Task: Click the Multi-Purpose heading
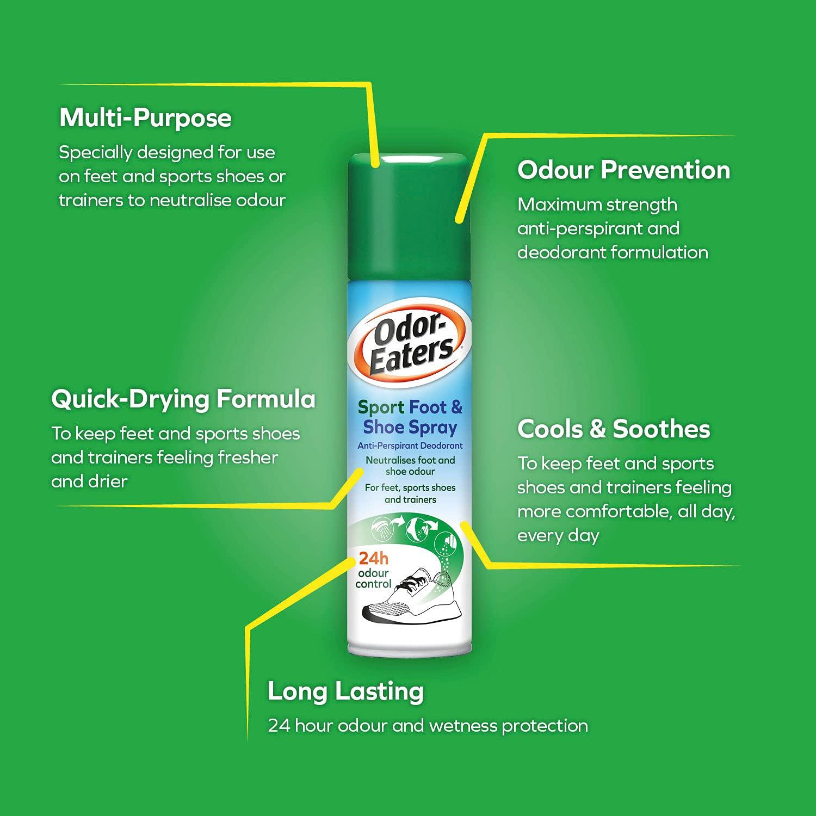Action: point(145,118)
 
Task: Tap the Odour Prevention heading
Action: point(623,170)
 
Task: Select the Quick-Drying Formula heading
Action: point(183,399)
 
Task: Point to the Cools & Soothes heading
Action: point(614,429)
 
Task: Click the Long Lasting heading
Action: point(345,692)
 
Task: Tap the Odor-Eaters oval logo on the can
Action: point(410,349)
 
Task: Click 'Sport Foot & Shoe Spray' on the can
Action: point(410,417)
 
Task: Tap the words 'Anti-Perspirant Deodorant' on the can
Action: point(410,446)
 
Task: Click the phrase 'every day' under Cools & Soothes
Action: point(558,536)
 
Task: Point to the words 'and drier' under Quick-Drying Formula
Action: point(89,481)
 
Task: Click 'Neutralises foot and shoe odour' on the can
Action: point(410,466)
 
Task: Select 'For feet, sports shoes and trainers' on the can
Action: point(410,493)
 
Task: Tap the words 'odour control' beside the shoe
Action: point(373,579)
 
